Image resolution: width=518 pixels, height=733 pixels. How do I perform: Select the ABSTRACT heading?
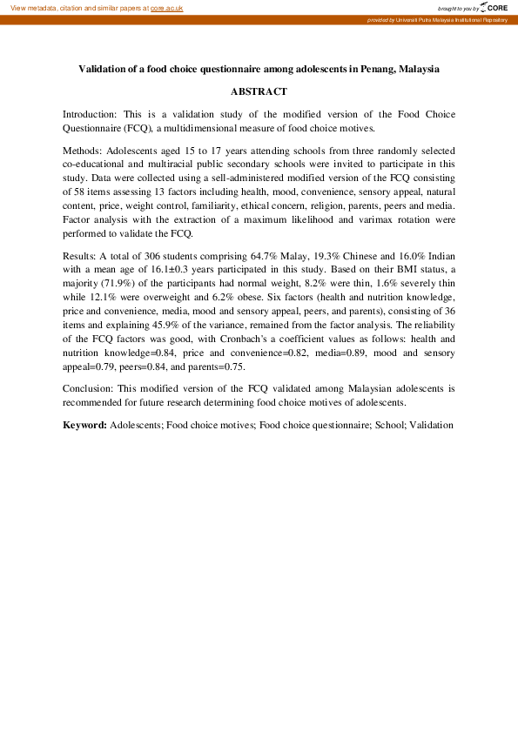click(259, 91)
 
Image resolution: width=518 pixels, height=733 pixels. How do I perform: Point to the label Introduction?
click(91, 114)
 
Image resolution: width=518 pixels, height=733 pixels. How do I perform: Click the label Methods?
click(83, 151)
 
